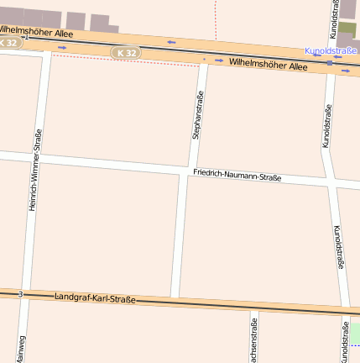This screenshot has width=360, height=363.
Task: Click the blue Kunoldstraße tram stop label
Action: (331, 51)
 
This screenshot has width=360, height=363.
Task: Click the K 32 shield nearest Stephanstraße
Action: (126, 53)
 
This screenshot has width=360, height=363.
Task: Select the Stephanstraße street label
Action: (198, 115)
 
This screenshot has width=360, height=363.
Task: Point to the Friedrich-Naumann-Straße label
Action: (237, 176)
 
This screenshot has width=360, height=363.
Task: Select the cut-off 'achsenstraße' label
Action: (253, 339)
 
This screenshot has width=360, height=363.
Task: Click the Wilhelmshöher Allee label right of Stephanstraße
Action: (268, 64)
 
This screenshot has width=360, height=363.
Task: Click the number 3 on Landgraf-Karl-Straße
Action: (20, 294)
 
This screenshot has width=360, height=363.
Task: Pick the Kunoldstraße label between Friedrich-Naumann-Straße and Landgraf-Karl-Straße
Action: (338, 246)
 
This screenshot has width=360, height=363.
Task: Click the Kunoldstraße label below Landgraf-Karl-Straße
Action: (345, 345)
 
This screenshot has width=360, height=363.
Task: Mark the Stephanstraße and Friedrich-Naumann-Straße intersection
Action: (190, 171)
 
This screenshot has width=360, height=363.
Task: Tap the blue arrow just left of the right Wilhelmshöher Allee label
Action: (219, 60)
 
